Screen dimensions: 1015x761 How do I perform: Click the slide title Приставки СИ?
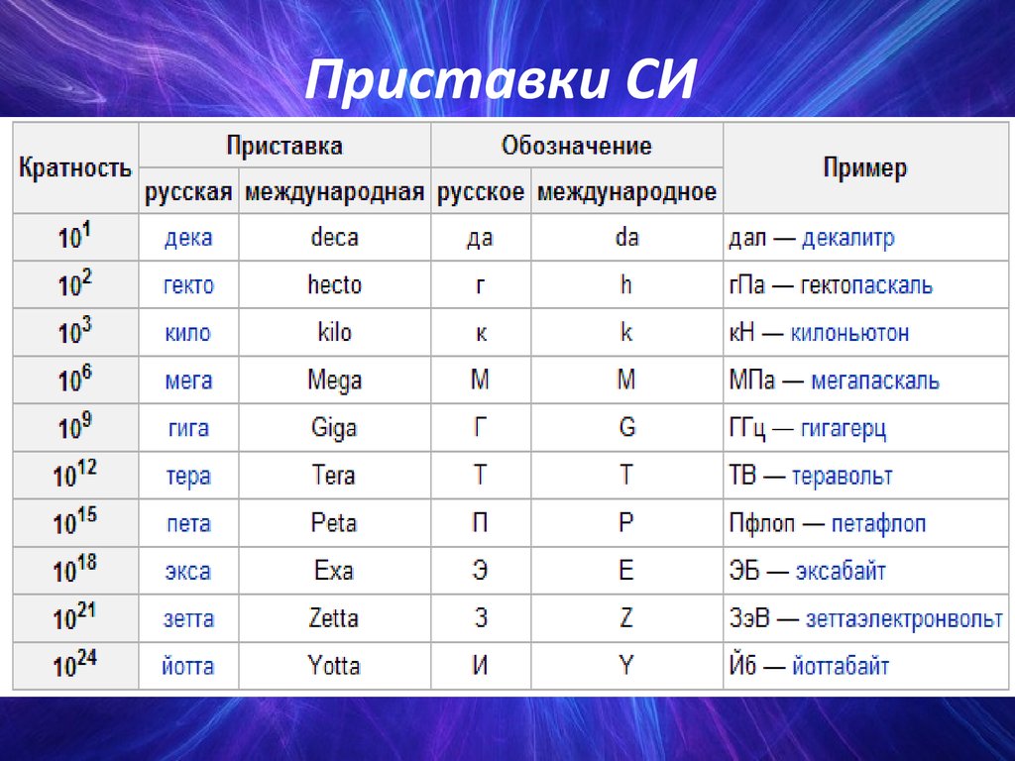[x=500, y=79]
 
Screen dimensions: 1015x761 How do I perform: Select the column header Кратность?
[x=75, y=168]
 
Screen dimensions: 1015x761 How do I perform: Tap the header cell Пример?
[x=864, y=167]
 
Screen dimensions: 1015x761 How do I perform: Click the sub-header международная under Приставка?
[x=335, y=191]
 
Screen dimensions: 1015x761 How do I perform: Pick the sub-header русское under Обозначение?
[x=481, y=191]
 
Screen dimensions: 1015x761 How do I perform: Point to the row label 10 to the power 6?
[x=75, y=379]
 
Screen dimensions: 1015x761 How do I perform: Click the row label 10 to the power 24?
[x=75, y=664]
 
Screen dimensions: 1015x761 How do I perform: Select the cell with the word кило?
[x=187, y=333]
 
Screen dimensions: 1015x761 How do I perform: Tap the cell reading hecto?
[x=335, y=284]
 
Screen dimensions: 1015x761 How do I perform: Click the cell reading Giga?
[x=334, y=428]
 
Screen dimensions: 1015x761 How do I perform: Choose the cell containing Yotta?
[x=334, y=666]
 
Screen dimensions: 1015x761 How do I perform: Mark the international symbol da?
[x=626, y=237]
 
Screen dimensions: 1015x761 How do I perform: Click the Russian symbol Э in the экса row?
[x=480, y=570]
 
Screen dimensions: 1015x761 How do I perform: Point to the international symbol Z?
[x=626, y=618]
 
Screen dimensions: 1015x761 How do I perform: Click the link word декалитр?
[x=848, y=238]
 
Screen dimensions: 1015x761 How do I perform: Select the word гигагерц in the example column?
[x=844, y=428]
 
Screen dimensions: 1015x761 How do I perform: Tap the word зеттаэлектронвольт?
[x=904, y=619]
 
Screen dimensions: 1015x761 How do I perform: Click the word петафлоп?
[x=878, y=523]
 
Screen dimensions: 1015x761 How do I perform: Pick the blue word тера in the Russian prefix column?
[x=188, y=477]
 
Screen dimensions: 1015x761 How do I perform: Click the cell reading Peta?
[x=334, y=523]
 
